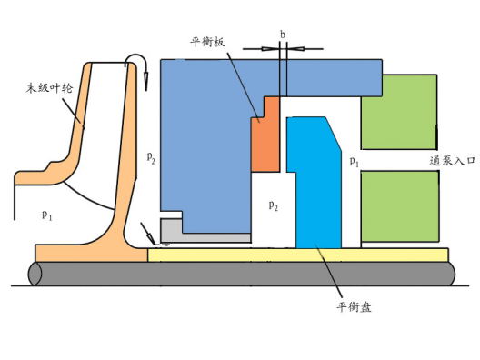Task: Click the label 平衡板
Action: [x=207, y=42]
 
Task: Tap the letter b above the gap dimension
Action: [x=283, y=35]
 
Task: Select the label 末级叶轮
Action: [x=49, y=88]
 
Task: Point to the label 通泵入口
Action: [x=452, y=160]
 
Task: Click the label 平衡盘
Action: [x=355, y=306]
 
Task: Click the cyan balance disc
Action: [x=315, y=184]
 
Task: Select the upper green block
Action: [x=399, y=112]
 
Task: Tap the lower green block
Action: [x=400, y=206]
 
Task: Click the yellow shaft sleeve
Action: [x=298, y=255]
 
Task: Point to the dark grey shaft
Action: [x=242, y=274]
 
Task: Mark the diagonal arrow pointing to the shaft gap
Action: [x=148, y=235]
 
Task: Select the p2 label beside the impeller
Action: [x=151, y=157]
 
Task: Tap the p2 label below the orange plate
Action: [x=273, y=205]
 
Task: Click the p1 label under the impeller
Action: [x=47, y=215]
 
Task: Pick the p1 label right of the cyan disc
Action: [x=355, y=161]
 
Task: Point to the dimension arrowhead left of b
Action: [x=271, y=49]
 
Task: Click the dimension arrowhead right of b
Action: [x=295, y=49]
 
